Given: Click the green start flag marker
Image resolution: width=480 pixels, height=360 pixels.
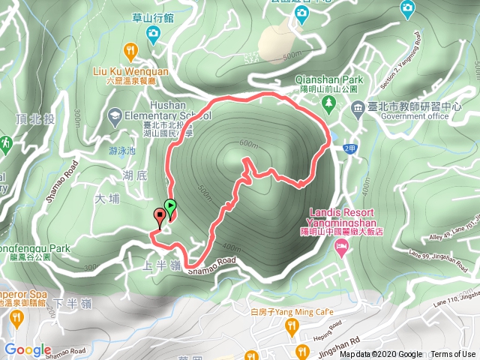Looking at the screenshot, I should (171, 206).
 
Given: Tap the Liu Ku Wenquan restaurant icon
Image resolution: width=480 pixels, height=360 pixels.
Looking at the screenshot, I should (132, 51).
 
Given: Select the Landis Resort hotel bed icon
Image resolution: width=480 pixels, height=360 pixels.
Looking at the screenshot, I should (342, 246).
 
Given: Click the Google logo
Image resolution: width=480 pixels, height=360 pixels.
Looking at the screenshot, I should (28, 349).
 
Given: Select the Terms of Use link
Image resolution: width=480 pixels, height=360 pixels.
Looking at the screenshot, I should (453, 355).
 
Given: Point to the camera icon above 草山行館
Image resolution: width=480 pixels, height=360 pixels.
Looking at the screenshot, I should (153, 32).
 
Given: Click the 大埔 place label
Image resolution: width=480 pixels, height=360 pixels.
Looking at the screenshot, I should (108, 199).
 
